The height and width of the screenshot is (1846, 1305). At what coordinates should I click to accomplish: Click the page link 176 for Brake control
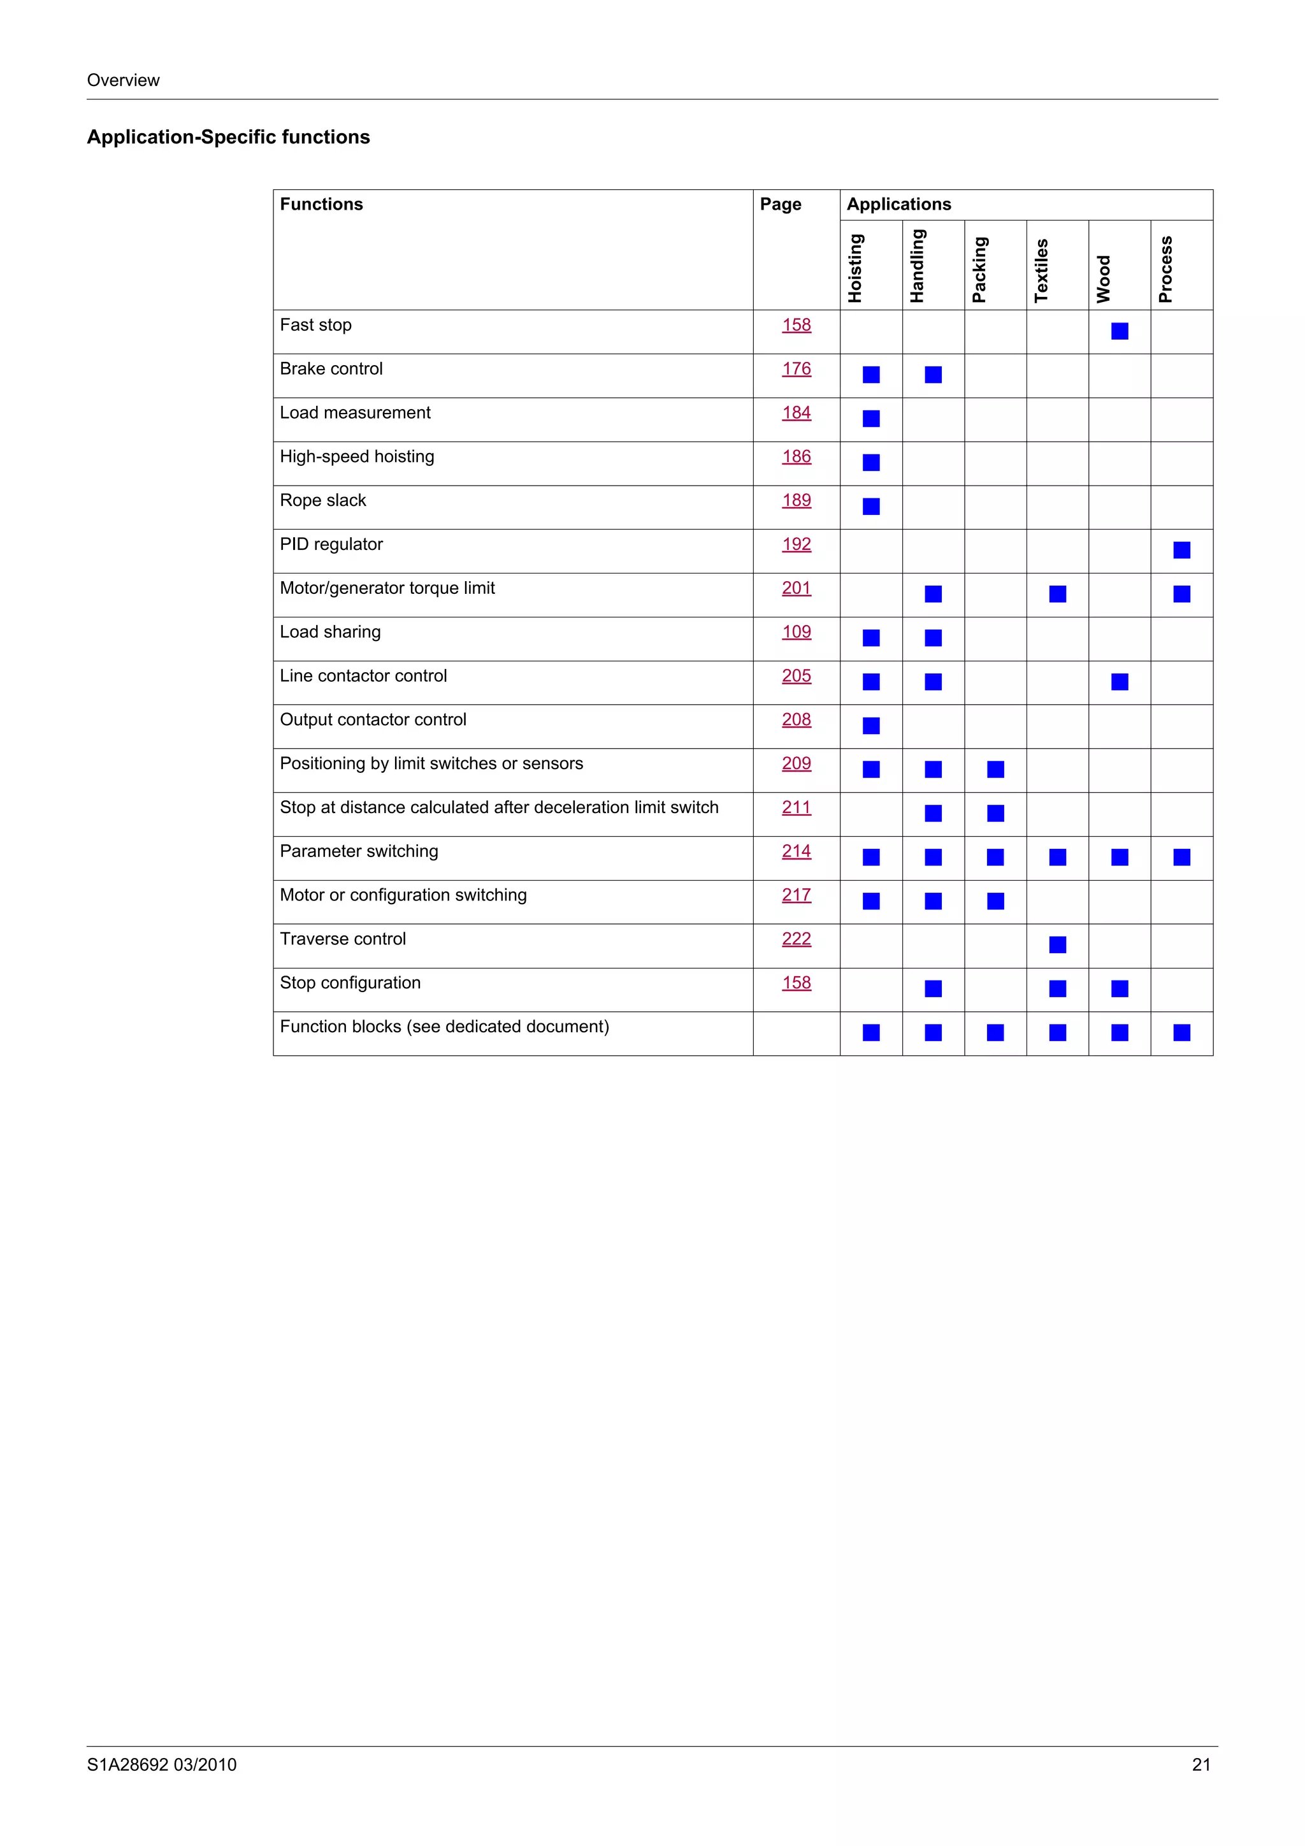tap(796, 369)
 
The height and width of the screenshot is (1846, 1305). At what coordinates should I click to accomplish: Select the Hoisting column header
tap(854, 268)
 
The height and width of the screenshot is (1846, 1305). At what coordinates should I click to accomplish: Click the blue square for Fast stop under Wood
tap(1120, 331)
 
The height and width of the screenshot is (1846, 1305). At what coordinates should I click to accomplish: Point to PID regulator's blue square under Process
tap(1181, 551)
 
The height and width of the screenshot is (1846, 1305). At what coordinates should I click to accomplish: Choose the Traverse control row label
tap(343, 939)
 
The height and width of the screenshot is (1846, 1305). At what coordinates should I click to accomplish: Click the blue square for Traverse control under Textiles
tap(1057, 945)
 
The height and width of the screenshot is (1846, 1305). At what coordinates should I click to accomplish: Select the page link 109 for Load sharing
tap(796, 632)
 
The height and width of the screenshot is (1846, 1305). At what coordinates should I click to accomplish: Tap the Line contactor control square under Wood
tap(1120, 682)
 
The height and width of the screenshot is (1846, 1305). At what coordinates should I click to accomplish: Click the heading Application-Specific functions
tap(228, 138)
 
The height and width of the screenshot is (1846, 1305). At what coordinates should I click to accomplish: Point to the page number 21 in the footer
tap(1200, 1765)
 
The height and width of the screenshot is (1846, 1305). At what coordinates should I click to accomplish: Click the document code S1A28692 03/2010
tap(162, 1765)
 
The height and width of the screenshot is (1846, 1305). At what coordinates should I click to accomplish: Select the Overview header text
tap(123, 80)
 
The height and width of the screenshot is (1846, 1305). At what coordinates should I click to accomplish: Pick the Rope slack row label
tap(322, 501)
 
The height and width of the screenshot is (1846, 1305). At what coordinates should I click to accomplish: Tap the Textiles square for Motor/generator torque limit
tap(1057, 594)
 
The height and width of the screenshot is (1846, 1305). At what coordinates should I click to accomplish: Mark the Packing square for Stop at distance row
tap(995, 814)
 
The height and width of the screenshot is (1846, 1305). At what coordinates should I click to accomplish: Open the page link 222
tap(796, 939)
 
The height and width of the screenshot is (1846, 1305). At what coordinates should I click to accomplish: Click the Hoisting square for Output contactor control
tap(871, 726)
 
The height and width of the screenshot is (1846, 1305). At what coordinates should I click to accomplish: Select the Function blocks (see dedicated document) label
tap(444, 1027)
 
